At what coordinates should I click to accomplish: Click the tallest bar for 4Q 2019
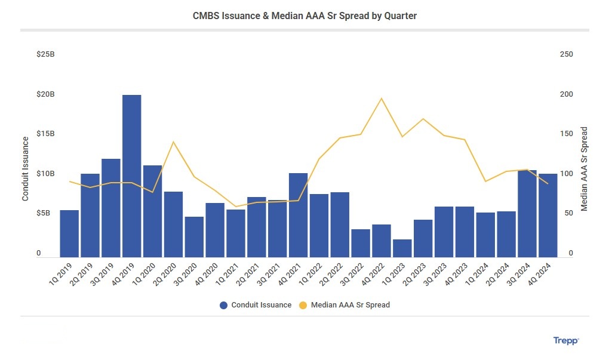(x=131, y=176)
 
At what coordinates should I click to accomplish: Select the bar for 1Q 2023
(x=402, y=248)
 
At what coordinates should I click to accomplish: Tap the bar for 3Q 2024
(x=527, y=214)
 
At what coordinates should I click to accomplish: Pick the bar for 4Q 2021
(x=298, y=215)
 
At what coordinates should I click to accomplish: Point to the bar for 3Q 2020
(x=194, y=237)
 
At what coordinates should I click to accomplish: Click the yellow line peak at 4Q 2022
(x=381, y=99)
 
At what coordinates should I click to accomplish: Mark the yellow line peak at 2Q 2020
(x=173, y=141)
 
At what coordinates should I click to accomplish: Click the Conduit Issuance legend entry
(x=256, y=305)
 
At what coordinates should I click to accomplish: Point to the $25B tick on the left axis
(x=45, y=54)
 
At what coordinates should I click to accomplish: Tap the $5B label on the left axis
(x=47, y=213)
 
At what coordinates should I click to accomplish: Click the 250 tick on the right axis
(x=566, y=54)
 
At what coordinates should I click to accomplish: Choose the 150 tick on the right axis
(x=566, y=134)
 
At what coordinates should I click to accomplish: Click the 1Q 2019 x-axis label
(x=61, y=273)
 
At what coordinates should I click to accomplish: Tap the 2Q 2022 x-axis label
(x=331, y=273)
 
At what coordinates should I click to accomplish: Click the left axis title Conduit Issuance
(x=26, y=168)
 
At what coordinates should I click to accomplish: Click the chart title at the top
(x=305, y=16)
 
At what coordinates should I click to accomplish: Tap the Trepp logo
(x=566, y=340)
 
